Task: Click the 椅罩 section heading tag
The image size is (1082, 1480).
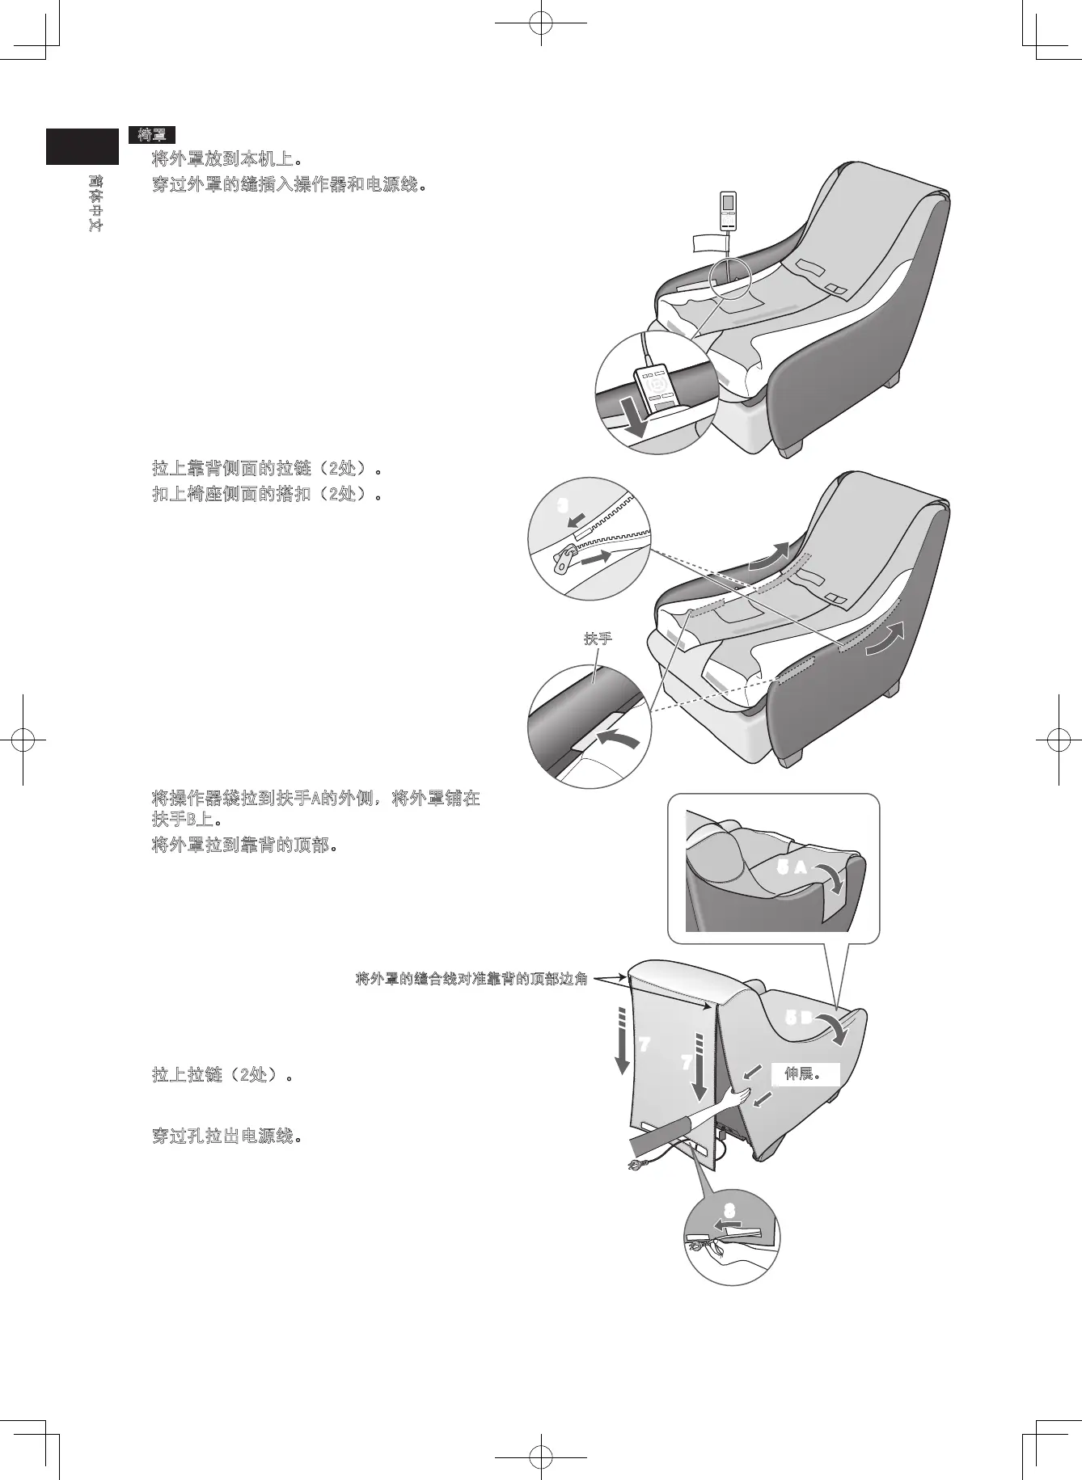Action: (x=151, y=135)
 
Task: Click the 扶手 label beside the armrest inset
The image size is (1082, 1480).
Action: (x=598, y=639)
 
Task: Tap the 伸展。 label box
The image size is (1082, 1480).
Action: (x=804, y=1074)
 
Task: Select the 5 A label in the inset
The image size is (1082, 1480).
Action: (x=791, y=868)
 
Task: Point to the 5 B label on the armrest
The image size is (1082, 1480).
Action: (x=799, y=1018)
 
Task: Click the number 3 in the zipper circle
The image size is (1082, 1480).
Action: (x=564, y=505)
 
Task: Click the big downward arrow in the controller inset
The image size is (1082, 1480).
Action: (x=635, y=419)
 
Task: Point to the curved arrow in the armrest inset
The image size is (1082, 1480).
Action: (x=619, y=738)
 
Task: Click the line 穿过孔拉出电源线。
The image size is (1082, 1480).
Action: (x=227, y=1136)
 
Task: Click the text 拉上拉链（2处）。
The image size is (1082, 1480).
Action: (x=222, y=1076)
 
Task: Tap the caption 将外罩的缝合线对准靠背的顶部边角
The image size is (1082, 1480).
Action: (x=471, y=980)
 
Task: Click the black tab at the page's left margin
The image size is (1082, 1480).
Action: (x=82, y=146)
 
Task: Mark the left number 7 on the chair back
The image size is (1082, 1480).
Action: (x=644, y=1044)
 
